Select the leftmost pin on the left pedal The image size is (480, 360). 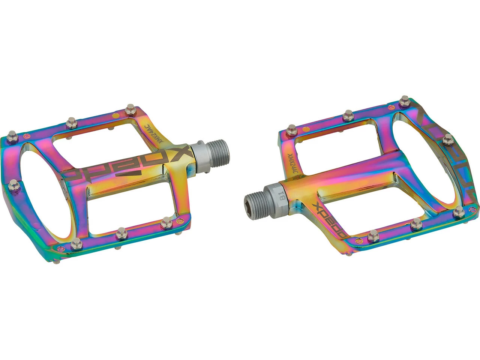12,134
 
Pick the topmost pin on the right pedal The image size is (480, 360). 404,100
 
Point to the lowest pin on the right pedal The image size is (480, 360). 372,235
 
